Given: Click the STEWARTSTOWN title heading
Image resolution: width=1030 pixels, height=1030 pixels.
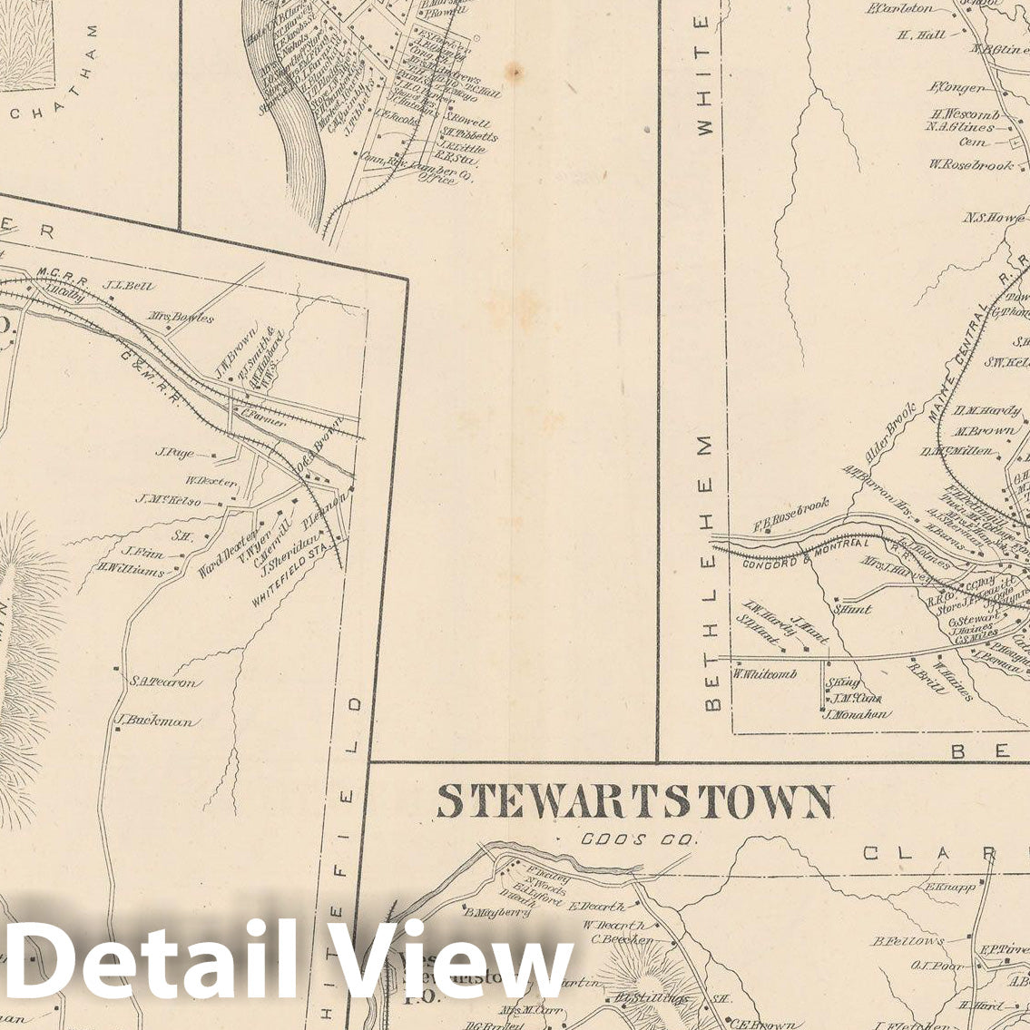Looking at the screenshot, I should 633,803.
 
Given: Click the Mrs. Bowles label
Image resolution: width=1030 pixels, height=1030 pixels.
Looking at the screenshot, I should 183,318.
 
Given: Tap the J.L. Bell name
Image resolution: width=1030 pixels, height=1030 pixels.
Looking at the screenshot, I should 122,283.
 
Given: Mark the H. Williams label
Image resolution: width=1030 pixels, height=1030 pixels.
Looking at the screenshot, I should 132,571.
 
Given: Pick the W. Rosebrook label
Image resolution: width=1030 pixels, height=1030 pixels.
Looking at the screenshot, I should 970,164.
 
